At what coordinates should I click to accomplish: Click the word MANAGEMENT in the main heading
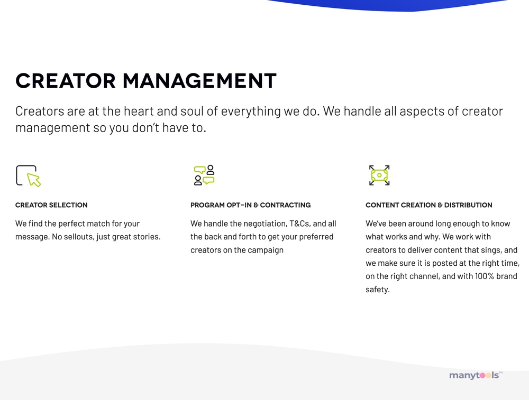pyautogui.click(x=199, y=81)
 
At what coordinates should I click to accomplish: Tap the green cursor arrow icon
pyautogui.click(x=34, y=180)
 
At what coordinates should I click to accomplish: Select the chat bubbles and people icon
pyautogui.click(x=204, y=175)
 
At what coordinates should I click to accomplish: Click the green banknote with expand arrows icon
pyautogui.click(x=379, y=175)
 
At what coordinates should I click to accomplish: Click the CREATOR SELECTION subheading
pyautogui.click(x=51, y=205)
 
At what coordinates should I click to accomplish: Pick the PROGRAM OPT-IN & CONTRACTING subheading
pyautogui.click(x=250, y=205)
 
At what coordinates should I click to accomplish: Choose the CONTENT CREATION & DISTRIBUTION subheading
pyautogui.click(x=429, y=205)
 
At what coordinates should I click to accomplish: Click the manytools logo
pyautogui.click(x=476, y=375)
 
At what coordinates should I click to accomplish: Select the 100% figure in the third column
pyautogui.click(x=484, y=276)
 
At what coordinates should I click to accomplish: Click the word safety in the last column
pyautogui.click(x=377, y=290)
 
